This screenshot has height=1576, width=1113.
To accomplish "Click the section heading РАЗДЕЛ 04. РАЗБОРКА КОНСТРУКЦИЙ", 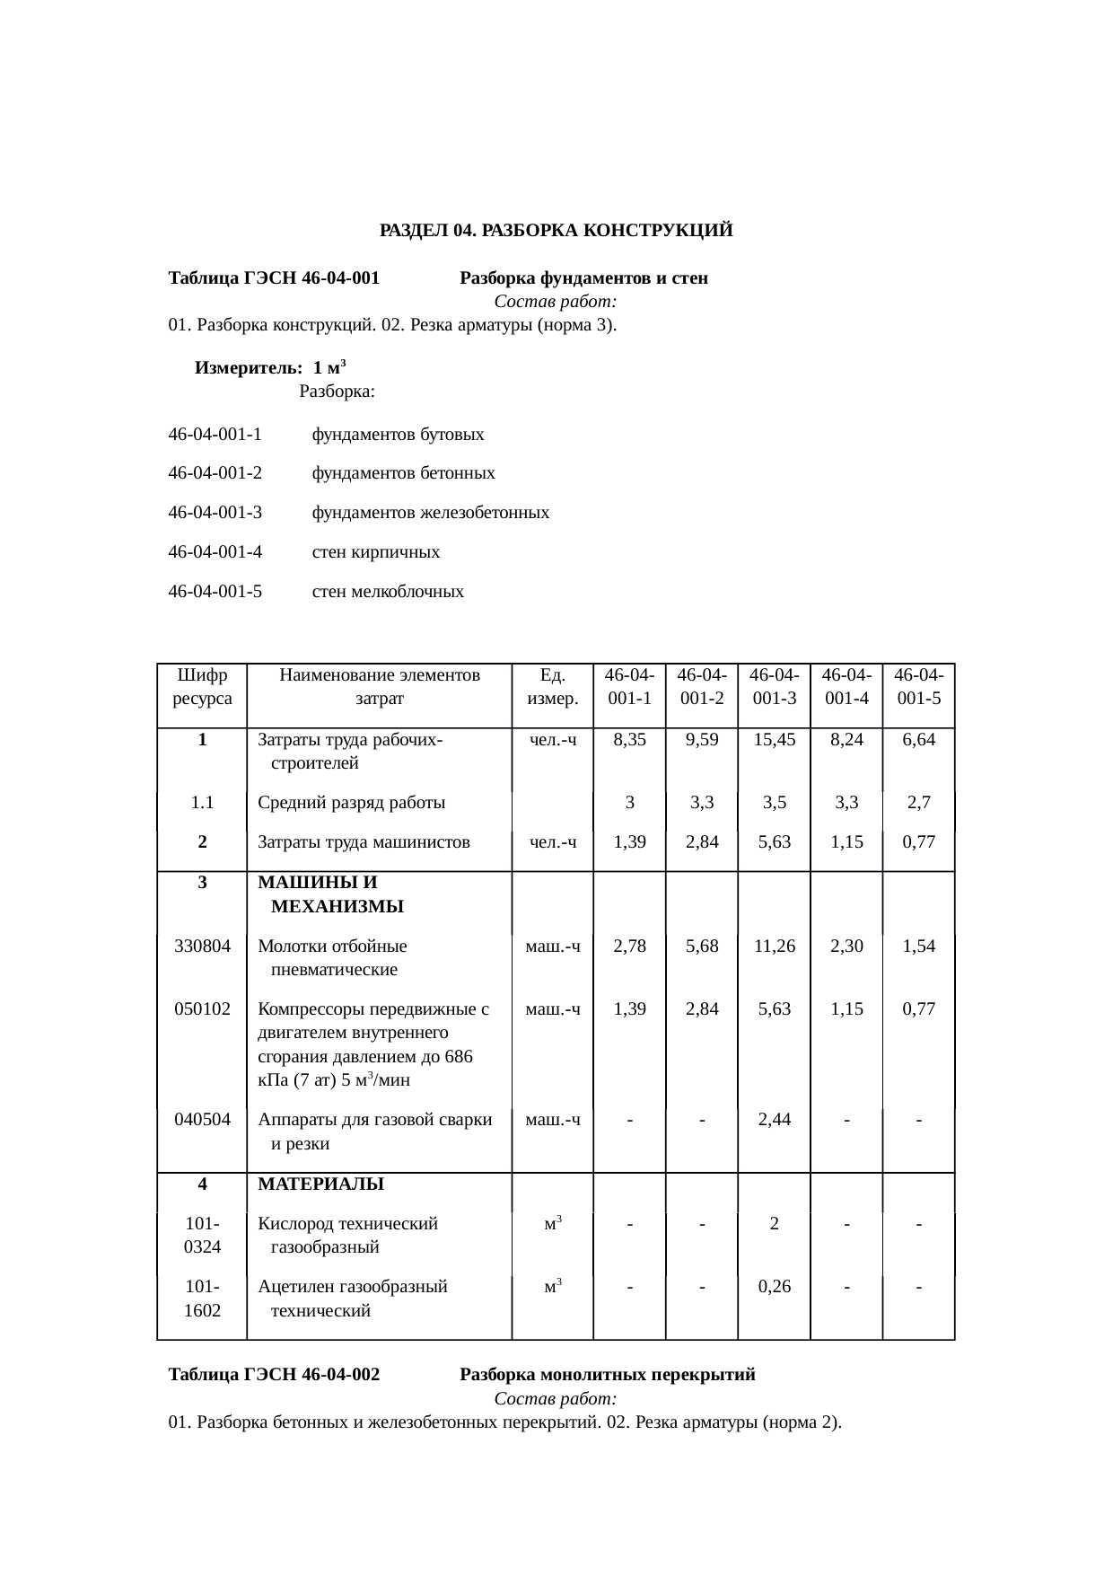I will tap(556, 231).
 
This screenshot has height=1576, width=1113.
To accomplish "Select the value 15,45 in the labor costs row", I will tap(774, 740).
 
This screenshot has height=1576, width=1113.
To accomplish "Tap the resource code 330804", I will tap(202, 946).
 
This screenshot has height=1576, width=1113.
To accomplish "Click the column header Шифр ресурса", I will tap(202, 686).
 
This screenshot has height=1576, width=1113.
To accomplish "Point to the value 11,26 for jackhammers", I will tap(774, 946).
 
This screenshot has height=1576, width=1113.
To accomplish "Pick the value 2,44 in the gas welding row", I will tap(774, 1120).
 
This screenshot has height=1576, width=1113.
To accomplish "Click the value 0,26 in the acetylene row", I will tap(774, 1287).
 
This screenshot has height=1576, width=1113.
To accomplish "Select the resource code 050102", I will tap(202, 1008).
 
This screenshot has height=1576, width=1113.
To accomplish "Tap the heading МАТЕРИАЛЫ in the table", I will tap(320, 1184).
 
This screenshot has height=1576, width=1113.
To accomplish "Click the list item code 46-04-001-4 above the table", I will tap(215, 552).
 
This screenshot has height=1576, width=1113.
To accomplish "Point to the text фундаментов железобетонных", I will tap(430, 513).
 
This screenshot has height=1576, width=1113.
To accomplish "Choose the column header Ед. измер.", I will tap(552, 686).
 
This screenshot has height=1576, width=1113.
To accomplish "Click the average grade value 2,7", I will tap(918, 803).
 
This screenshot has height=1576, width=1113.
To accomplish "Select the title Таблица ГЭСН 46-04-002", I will tap(274, 1375).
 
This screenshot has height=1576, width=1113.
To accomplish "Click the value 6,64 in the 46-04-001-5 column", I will tap(918, 740).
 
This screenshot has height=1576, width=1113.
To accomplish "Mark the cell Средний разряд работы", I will tap(351, 803).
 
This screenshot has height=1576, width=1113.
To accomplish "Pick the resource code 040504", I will tap(202, 1120).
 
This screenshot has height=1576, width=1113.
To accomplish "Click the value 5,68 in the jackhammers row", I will tap(701, 946).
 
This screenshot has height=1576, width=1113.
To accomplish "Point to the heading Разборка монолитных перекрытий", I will tap(607, 1375).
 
